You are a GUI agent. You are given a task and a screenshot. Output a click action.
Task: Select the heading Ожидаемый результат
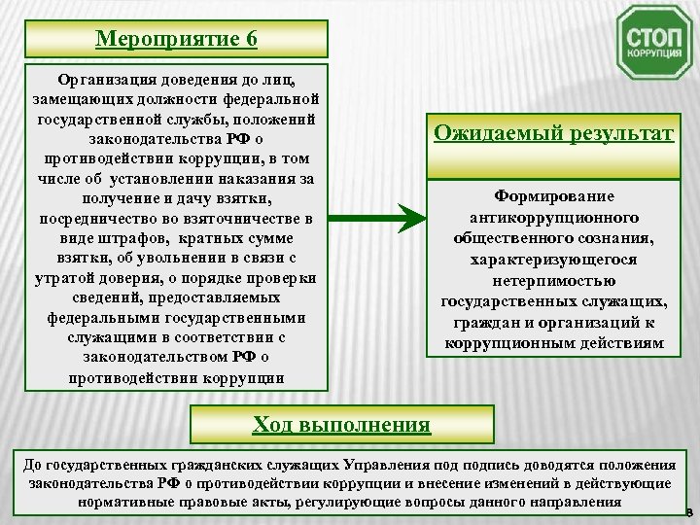[x=553, y=132]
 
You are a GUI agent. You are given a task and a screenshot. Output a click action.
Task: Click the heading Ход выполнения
[x=341, y=425]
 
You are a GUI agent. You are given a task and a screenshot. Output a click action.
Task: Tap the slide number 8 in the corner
[x=688, y=512]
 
